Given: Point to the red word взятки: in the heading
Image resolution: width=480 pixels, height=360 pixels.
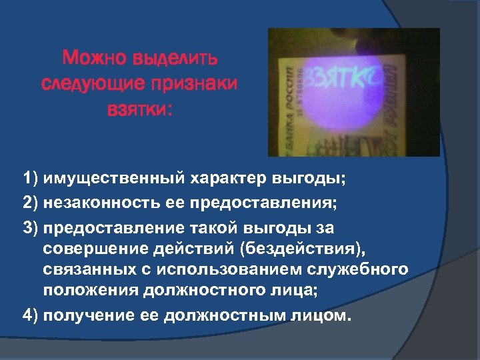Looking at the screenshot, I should click(x=139, y=109).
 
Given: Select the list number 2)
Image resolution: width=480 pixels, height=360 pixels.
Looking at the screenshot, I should click(x=30, y=202).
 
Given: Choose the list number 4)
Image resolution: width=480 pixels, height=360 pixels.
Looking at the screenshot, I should click(x=30, y=315).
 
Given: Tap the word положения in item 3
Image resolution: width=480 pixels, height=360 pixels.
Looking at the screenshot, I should click(x=88, y=292).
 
